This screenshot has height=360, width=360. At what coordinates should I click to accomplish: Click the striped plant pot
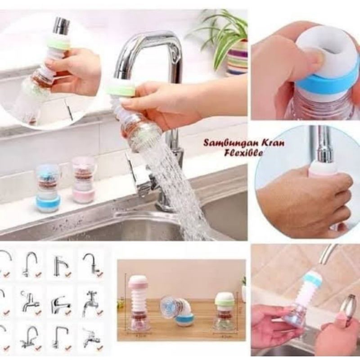point(237,57)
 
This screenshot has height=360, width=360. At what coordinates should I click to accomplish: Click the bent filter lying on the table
point(179,310)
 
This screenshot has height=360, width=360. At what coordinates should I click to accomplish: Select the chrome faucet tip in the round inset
point(62,26)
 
